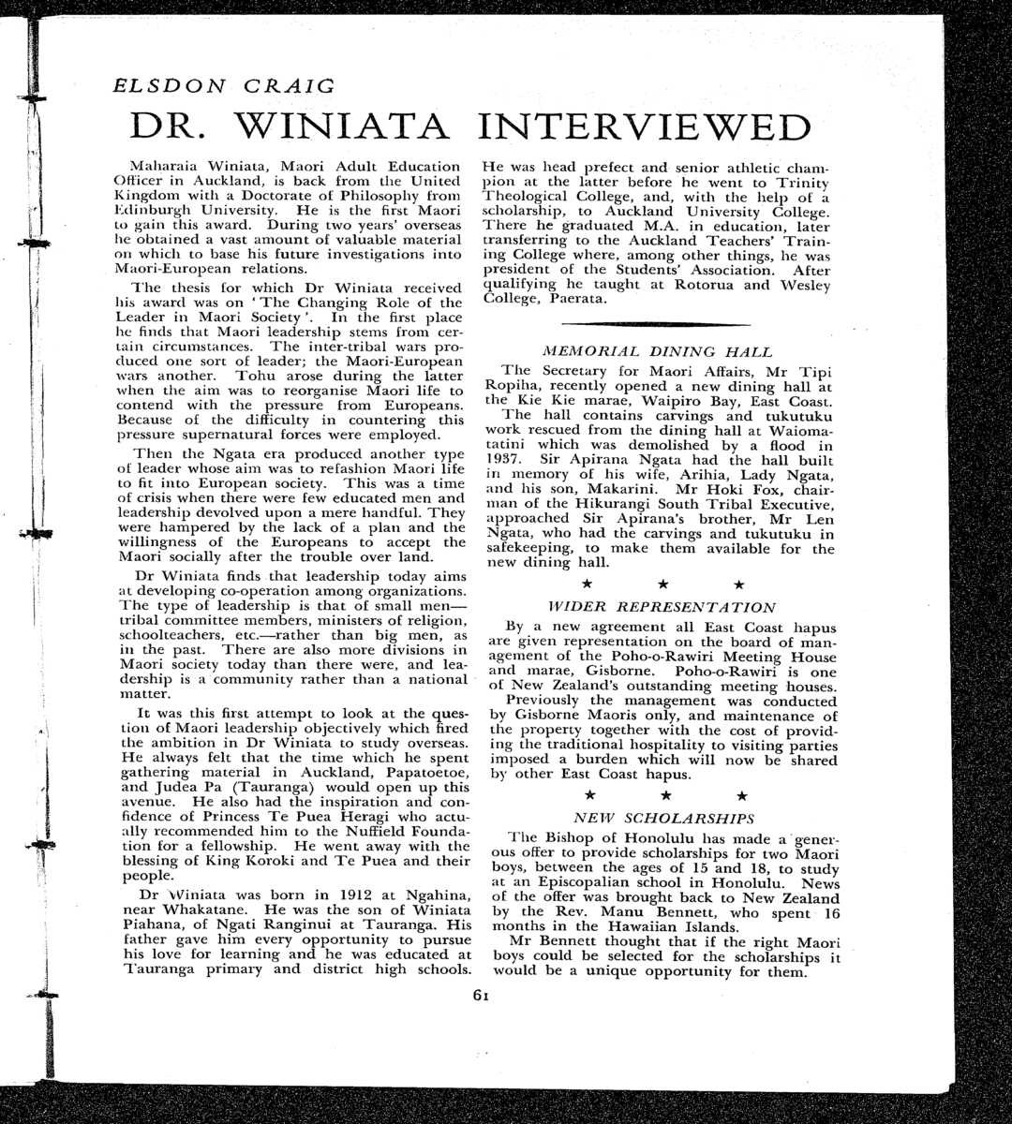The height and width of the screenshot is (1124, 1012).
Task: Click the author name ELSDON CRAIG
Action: [223, 86]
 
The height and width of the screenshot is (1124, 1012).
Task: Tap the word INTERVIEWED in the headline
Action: [646, 127]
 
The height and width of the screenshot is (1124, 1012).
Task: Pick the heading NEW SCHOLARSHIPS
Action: [662, 818]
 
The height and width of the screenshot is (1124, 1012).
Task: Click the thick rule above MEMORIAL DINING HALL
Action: [658, 323]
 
